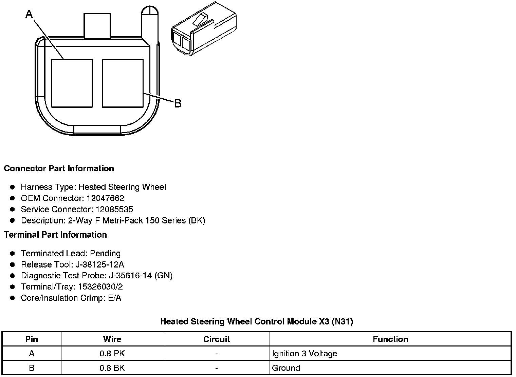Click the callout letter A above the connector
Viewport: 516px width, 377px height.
pyautogui.click(x=29, y=14)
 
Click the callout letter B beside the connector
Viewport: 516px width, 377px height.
pyautogui.click(x=178, y=103)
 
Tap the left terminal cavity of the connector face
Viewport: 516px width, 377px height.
pyautogui.click(x=72, y=83)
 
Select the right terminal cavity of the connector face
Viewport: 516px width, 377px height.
pyautogui.click(x=123, y=83)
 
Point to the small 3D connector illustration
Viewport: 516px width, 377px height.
pyautogui.click(x=204, y=28)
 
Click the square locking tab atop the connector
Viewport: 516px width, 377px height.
pyautogui.click(x=97, y=25)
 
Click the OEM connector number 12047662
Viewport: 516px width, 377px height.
pyautogui.click(x=105, y=198)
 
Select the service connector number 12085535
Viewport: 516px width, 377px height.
pyautogui.click(x=114, y=209)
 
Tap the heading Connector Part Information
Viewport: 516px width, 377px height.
pyautogui.click(x=59, y=168)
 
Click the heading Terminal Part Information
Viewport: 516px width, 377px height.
pyautogui.click(x=56, y=235)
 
